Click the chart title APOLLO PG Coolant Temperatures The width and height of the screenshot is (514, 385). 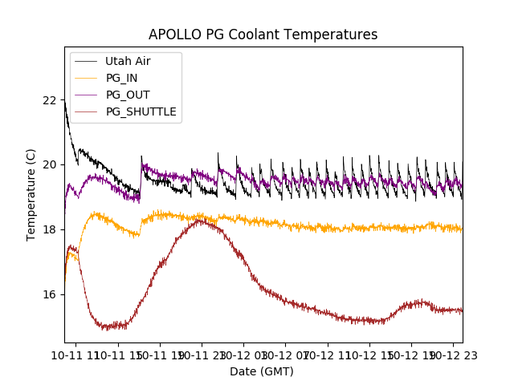pyautogui.click(x=263, y=34)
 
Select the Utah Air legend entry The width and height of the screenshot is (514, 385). pyautogui.click(x=128, y=61)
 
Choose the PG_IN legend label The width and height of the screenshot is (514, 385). pyautogui.click(x=122, y=78)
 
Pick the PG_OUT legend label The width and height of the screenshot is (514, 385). pyautogui.click(x=128, y=95)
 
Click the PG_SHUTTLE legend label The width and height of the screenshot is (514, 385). pyautogui.click(x=141, y=111)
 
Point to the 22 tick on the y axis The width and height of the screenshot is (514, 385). pyautogui.click(x=50, y=100)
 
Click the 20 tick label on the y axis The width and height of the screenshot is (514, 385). pyautogui.click(x=50, y=164)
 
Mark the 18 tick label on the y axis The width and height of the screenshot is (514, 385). pyautogui.click(x=50, y=229)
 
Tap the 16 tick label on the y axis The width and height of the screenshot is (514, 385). pyautogui.click(x=50, y=294)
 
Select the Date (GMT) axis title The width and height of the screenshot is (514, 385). pyautogui.click(x=262, y=371)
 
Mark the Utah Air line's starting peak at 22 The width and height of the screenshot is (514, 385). pyautogui.click(x=65, y=101)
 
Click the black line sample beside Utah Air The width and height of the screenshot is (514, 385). pyautogui.click(x=85, y=61)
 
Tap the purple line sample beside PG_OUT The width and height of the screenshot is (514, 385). pyautogui.click(x=85, y=95)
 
